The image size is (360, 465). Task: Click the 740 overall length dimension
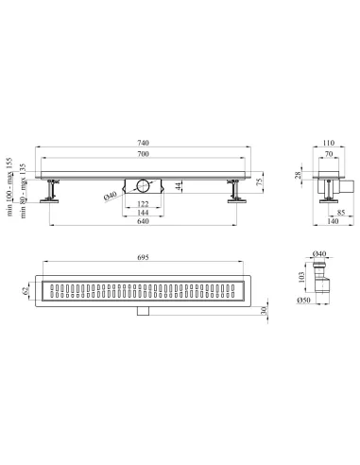(x=143, y=143)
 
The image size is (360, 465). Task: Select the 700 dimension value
(x=143, y=154)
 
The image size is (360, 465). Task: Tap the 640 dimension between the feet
(x=143, y=221)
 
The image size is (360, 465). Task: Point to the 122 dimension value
(x=143, y=204)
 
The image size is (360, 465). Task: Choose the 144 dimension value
(x=143, y=213)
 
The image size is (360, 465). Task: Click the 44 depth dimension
(x=179, y=186)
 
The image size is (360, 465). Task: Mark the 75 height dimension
(x=259, y=182)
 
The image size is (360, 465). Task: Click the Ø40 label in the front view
(x=110, y=196)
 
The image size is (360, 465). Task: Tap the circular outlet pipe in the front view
(x=143, y=185)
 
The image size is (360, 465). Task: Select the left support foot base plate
(x=49, y=201)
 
